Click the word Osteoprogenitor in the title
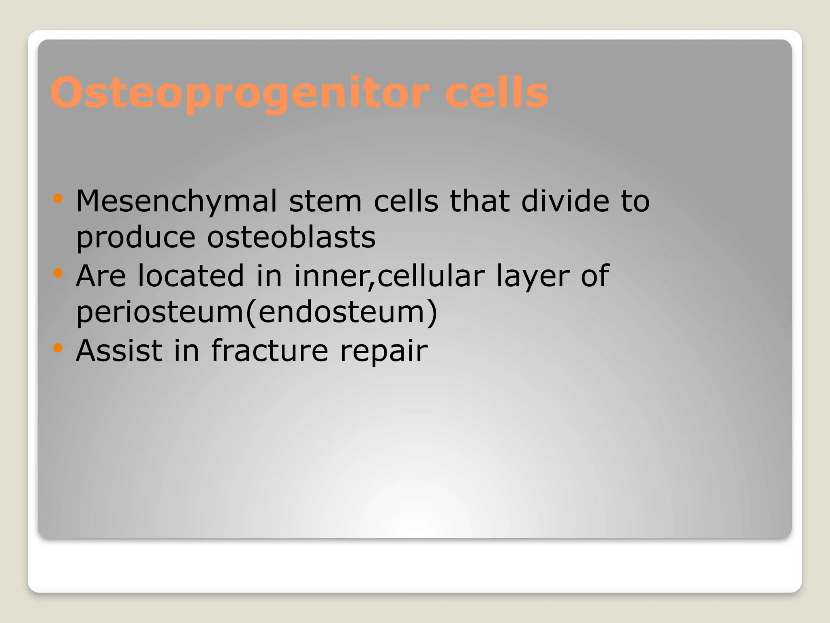coord(239,93)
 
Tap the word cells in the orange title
coord(496,93)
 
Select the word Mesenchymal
coord(176,202)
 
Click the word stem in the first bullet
coord(325,202)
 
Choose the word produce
coord(136,238)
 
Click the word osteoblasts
coord(291,238)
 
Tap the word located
coord(190,276)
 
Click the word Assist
coord(119,350)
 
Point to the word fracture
coord(270,350)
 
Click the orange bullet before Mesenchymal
coord(58,199)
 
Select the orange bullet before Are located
coord(58,273)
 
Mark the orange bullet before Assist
coord(58,348)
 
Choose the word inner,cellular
coord(389,276)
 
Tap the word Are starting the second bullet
coord(101,276)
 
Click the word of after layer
coord(595,276)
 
